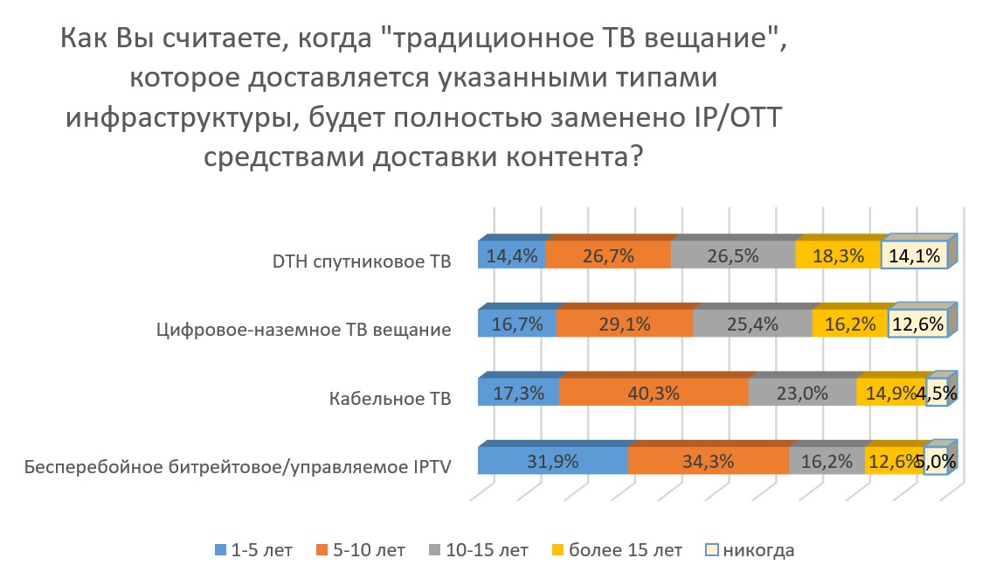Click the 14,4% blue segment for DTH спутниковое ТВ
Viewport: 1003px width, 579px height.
(512, 255)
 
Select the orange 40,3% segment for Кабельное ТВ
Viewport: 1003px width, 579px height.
(654, 391)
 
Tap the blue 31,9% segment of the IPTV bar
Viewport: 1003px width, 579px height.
(553, 461)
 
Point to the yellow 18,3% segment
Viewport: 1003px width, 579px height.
(839, 255)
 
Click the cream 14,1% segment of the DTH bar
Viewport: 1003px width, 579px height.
(915, 255)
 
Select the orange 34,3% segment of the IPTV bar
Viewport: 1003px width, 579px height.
(709, 461)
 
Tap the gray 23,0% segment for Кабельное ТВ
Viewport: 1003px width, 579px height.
(803, 391)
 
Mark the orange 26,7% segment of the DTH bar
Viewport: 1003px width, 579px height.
(608, 255)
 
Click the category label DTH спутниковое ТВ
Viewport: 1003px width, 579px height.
(362, 262)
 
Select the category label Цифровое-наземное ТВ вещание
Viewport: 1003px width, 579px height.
(304, 330)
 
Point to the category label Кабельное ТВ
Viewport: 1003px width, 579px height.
(391, 398)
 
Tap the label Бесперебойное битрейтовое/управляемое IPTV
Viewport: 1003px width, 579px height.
(238, 467)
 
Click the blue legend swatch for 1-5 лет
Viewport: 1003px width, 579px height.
(221, 549)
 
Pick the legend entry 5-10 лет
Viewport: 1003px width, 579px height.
(361, 550)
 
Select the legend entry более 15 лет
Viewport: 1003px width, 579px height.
(618, 550)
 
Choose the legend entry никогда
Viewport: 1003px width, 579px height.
(750, 550)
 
